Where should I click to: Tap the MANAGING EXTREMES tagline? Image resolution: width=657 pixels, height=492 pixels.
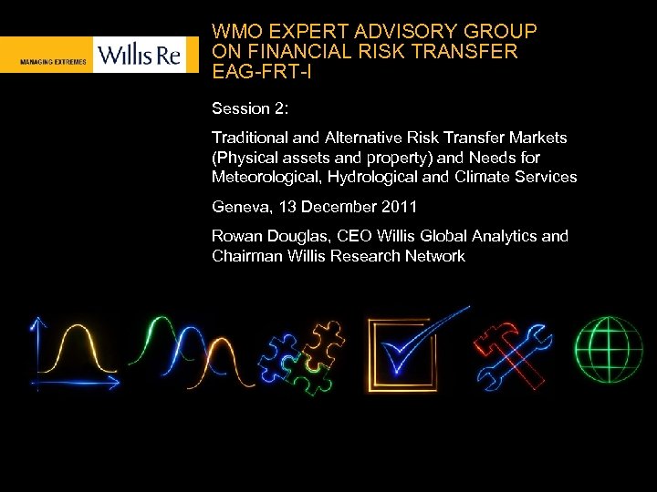click(x=53, y=62)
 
